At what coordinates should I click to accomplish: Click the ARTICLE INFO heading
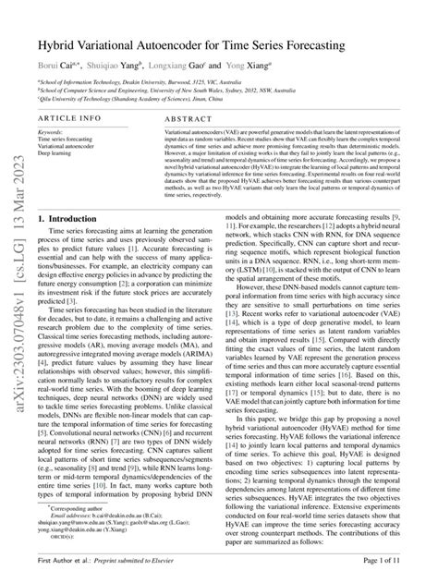coord(67,119)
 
